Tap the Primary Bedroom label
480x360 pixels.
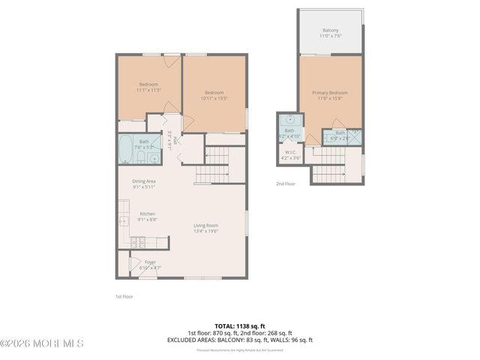tap(330, 95)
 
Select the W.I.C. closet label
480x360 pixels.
tap(289, 156)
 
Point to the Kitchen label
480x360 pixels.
tap(148, 216)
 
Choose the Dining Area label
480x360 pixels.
tap(144, 183)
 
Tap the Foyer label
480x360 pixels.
tap(150, 265)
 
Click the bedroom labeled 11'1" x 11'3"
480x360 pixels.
tap(149, 86)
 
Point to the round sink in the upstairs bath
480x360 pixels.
tap(289, 120)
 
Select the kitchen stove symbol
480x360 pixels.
tap(138, 241)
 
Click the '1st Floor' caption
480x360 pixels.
tap(124, 297)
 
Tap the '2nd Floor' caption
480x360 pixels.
tap(286, 184)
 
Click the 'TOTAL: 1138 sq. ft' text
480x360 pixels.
tap(240, 326)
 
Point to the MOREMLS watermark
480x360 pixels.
tap(42, 343)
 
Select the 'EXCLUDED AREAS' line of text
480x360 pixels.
tap(240, 340)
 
